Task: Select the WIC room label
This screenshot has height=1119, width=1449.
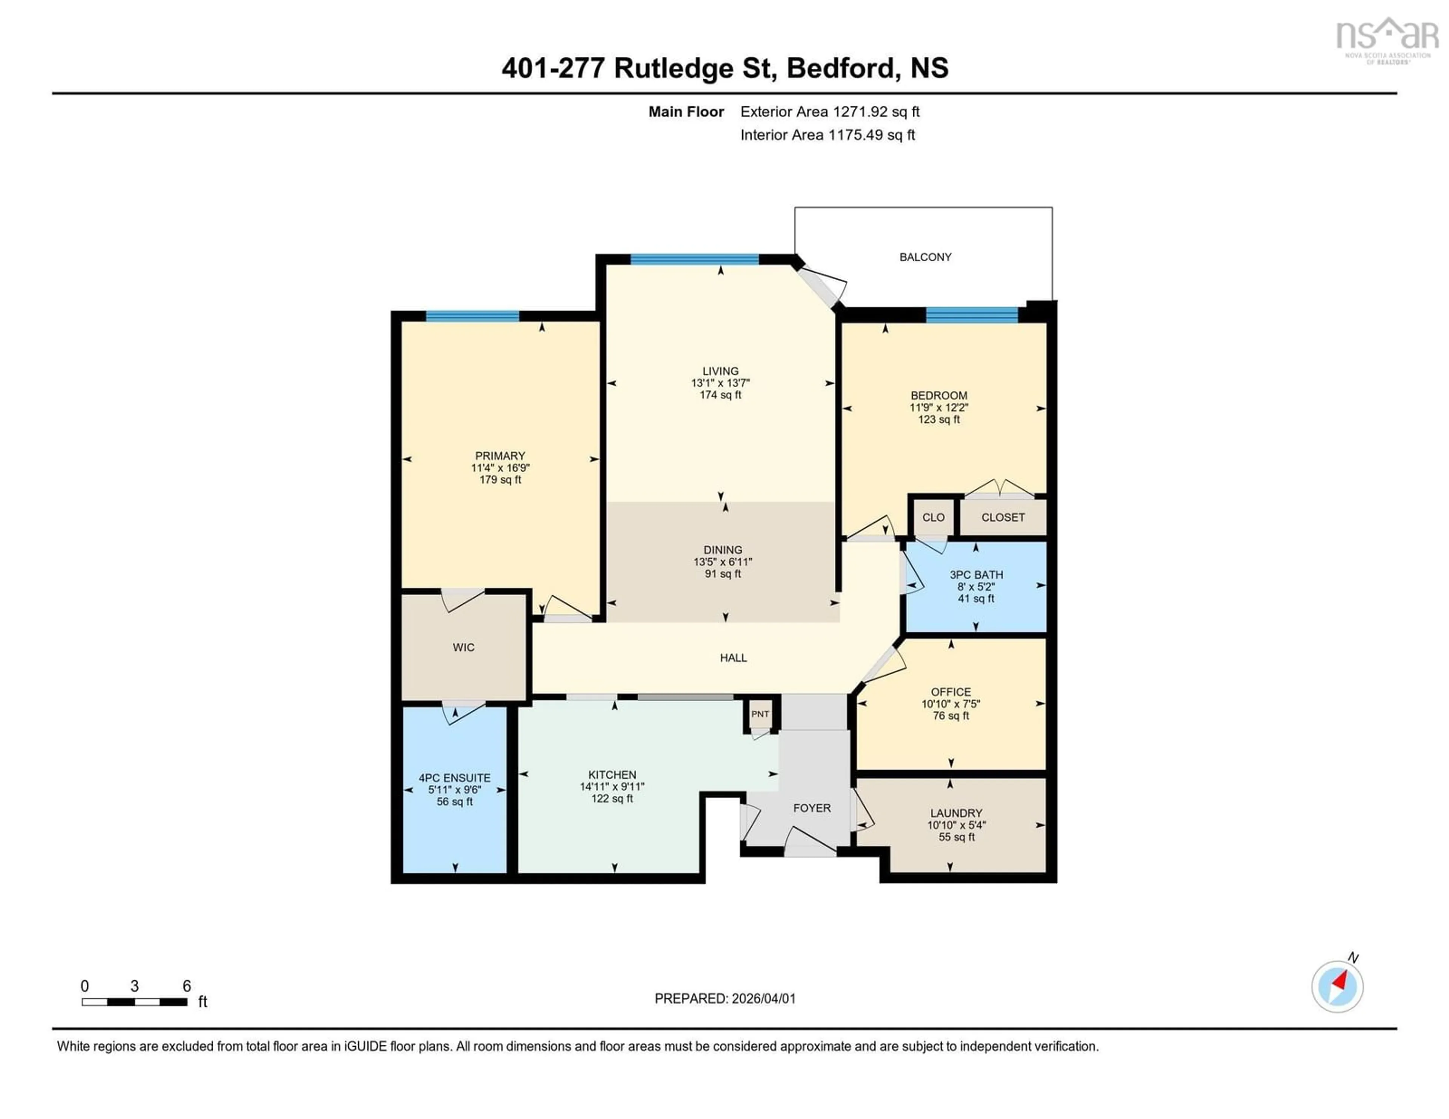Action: [463, 647]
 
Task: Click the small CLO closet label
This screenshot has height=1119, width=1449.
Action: [933, 517]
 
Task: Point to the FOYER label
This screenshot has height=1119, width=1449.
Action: [811, 808]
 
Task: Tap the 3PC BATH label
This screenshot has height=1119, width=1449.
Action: [976, 575]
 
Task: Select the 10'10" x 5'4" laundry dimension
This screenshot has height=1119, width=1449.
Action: [956, 825]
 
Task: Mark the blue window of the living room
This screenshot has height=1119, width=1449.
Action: [694, 259]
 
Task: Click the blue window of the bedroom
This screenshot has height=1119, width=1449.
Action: [971, 315]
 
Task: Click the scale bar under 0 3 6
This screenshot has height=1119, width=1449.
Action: [134, 1002]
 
